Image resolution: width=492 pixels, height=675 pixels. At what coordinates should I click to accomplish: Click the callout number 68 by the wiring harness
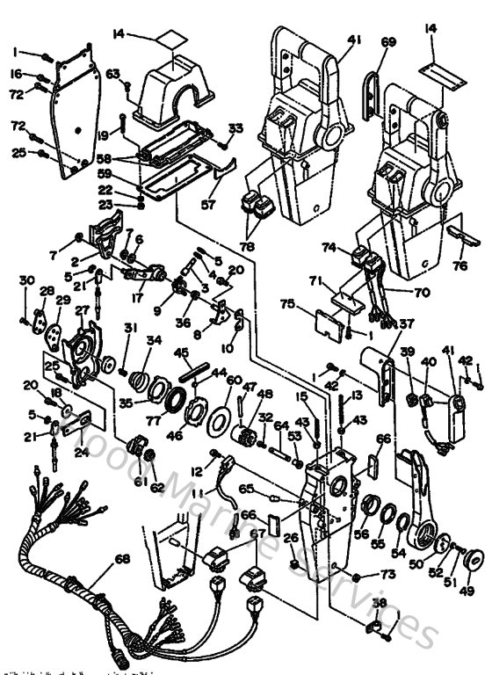click(122, 559)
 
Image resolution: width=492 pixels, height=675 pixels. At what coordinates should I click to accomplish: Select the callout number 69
click(388, 41)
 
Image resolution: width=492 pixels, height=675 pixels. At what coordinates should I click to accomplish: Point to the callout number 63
click(112, 74)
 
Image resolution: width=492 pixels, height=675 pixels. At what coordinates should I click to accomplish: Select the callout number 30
click(26, 281)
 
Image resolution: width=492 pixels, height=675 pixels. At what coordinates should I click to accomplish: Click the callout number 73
click(388, 575)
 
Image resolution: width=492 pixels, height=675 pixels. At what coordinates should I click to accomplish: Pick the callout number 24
click(81, 453)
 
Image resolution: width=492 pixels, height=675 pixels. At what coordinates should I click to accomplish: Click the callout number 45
click(183, 353)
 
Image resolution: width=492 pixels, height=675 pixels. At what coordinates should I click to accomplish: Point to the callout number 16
click(17, 75)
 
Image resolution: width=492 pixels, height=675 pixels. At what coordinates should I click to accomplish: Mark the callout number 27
click(82, 310)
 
